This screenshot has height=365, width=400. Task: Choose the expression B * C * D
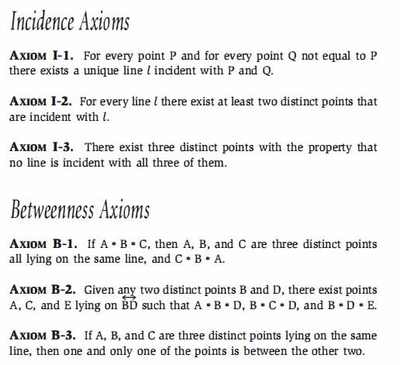[x=266, y=304]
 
